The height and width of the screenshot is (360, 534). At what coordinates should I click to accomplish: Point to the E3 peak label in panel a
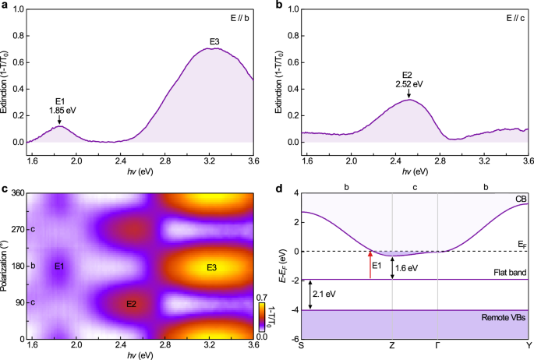[214, 41]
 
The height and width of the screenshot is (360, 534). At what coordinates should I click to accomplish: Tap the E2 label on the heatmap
[131, 304]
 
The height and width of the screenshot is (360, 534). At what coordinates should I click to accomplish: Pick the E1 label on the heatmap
[59, 267]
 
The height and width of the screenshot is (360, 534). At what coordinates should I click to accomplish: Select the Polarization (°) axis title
[5, 266]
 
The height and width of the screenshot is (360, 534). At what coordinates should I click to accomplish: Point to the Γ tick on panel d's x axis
[438, 345]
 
